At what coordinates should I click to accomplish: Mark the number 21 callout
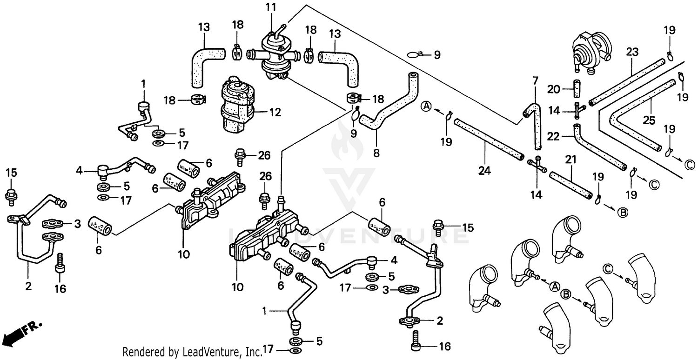coord(570,160)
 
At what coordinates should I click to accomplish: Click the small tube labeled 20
coord(577,88)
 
